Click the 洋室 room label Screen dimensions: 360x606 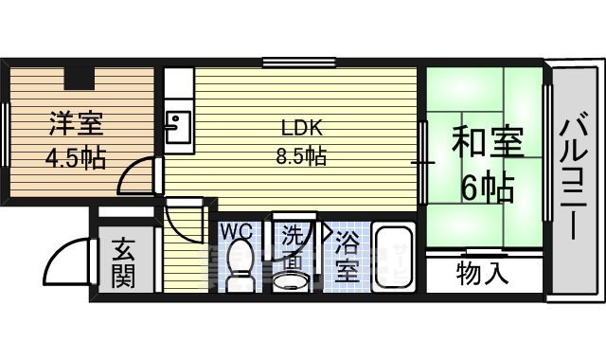click(72, 123)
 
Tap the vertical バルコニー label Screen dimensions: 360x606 click(574, 177)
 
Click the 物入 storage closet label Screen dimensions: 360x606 click(482, 275)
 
